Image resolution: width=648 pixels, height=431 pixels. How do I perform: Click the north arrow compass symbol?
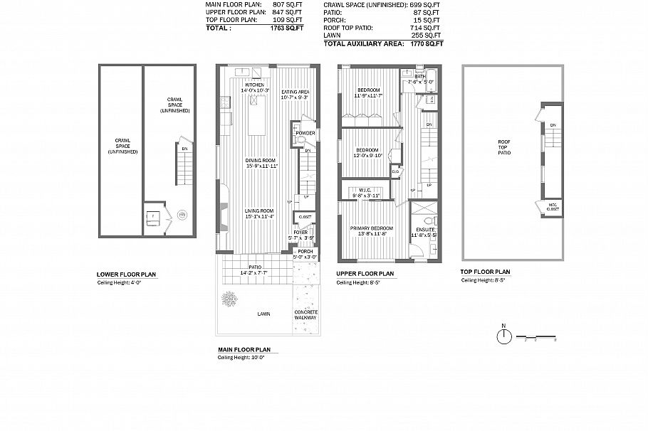tap(503, 336)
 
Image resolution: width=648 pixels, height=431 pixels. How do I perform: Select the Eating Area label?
tap(294, 92)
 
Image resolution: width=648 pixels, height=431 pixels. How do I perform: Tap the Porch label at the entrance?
tap(305, 251)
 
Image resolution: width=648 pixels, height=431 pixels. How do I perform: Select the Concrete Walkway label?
tap(305, 316)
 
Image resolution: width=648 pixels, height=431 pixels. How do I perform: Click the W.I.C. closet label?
tap(367, 190)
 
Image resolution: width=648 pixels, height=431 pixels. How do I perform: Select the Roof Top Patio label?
tap(504, 147)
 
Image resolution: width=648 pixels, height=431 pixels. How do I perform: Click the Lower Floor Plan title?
tap(126, 274)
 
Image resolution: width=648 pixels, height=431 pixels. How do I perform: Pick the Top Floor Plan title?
tap(486, 272)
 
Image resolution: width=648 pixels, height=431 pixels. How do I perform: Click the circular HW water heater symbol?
tap(182, 213)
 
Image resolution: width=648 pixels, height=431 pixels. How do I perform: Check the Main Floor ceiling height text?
tap(241, 358)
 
